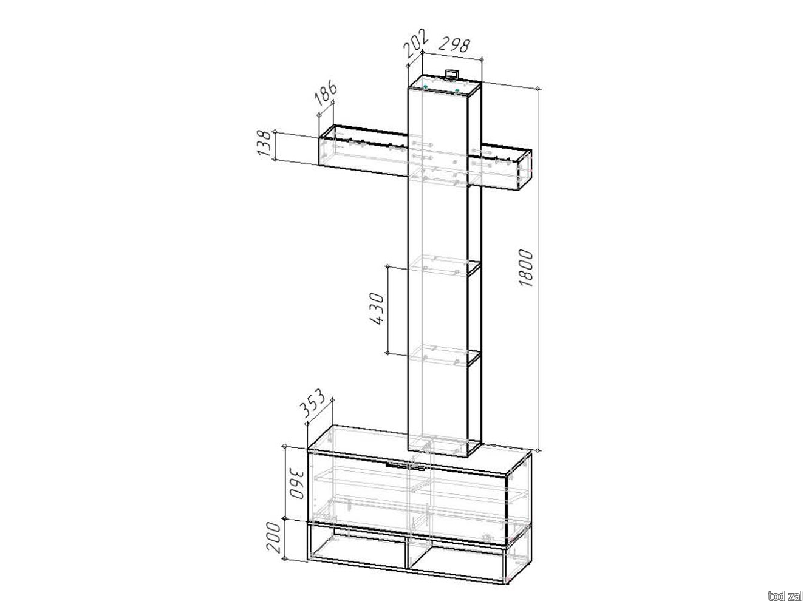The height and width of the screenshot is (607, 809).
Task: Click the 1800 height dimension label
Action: click(525, 268)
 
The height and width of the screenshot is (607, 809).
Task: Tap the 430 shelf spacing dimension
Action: click(376, 308)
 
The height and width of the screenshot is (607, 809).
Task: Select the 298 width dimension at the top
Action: click(454, 44)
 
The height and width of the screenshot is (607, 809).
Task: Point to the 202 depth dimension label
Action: click(416, 43)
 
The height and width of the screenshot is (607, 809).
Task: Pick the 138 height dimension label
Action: click(265, 143)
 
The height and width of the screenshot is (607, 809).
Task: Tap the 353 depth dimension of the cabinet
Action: click(313, 404)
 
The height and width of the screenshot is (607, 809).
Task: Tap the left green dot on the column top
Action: click(426, 86)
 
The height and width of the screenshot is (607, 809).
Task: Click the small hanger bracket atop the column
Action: click(451, 75)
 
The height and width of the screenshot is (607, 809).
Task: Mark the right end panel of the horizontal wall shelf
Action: click(524, 169)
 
